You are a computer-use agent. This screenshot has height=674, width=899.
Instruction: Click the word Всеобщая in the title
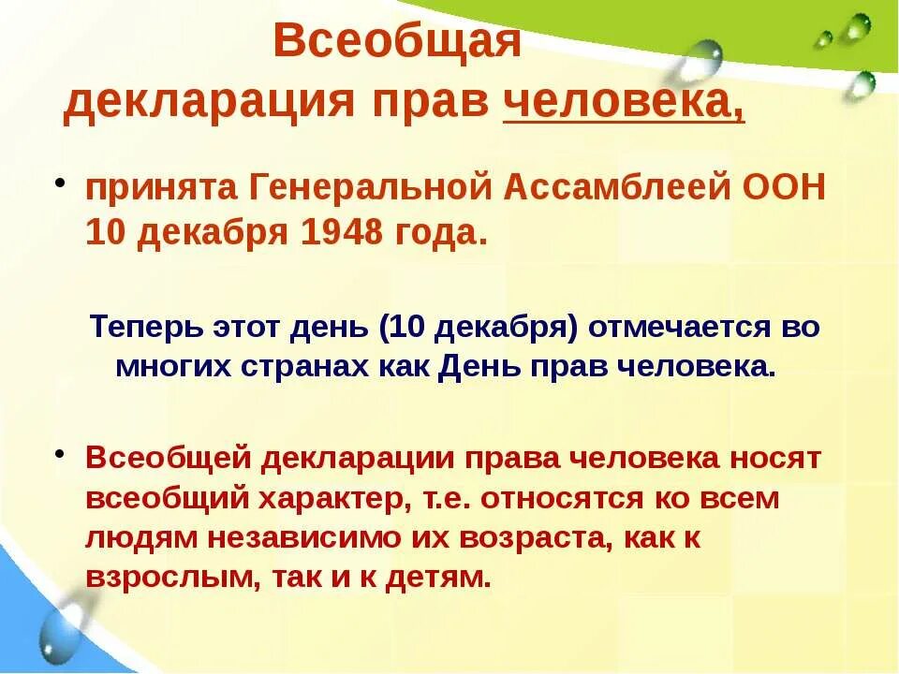click(396, 44)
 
